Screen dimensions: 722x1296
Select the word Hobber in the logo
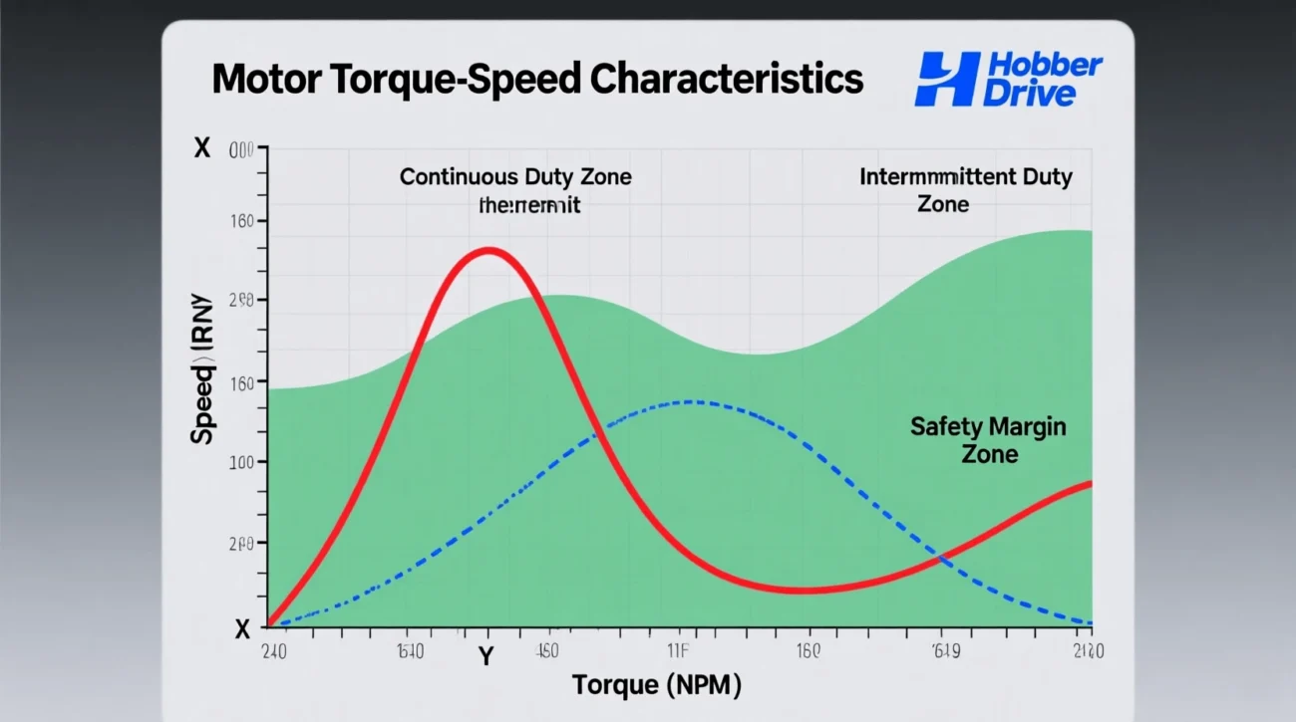click(x=1043, y=67)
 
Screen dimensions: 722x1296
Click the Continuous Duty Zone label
click(x=515, y=177)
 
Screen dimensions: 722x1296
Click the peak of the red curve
click(x=487, y=250)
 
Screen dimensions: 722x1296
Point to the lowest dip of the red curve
click(x=804, y=591)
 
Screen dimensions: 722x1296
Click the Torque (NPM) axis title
click(x=657, y=685)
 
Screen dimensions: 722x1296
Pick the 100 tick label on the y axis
click(x=241, y=462)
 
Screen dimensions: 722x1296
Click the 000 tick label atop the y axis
click(x=242, y=149)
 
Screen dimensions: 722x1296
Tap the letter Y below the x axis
click(x=486, y=658)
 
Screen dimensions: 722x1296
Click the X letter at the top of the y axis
click(x=202, y=148)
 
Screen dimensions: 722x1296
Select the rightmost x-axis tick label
click(x=1090, y=652)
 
